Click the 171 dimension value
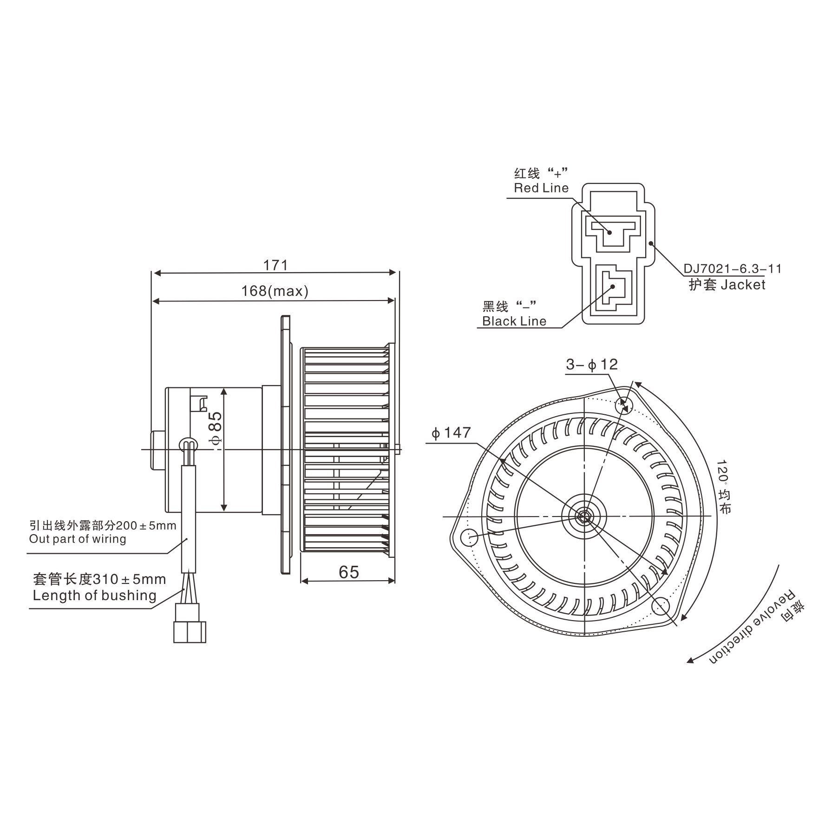tap(275, 265)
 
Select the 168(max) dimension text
tap(275, 291)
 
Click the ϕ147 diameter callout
tap(451, 433)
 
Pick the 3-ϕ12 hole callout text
tap(592, 365)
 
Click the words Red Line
tap(541, 188)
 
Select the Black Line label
tap(514, 321)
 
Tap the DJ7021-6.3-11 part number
tap(733, 268)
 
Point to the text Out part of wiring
tap(78, 539)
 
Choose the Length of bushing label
tap(94, 595)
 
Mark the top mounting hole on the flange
tap(623, 406)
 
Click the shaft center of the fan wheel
tap(583, 516)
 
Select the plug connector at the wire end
tap(190, 623)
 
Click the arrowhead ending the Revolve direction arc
tap(691, 661)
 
